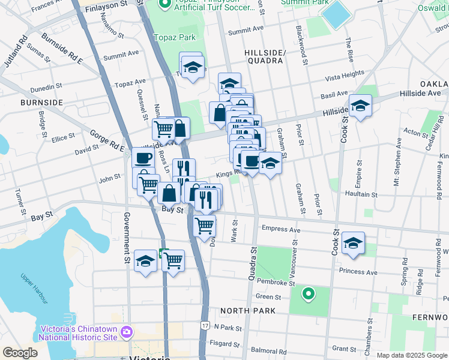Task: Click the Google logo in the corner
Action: (x=20, y=353)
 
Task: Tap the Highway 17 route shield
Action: (x=205, y=325)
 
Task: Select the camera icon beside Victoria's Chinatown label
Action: (x=126, y=332)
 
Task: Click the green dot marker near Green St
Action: (x=308, y=293)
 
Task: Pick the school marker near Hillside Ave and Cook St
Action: (x=360, y=106)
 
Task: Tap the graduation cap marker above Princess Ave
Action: (x=353, y=243)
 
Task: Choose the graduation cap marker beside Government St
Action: (x=145, y=261)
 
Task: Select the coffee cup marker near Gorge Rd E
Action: (x=143, y=158)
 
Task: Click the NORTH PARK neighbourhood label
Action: (x=247, y=311)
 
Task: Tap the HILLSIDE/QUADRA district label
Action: (x=264, y=56)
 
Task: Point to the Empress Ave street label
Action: (x=281, y=229)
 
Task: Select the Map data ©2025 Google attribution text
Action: (x=411, y=355)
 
